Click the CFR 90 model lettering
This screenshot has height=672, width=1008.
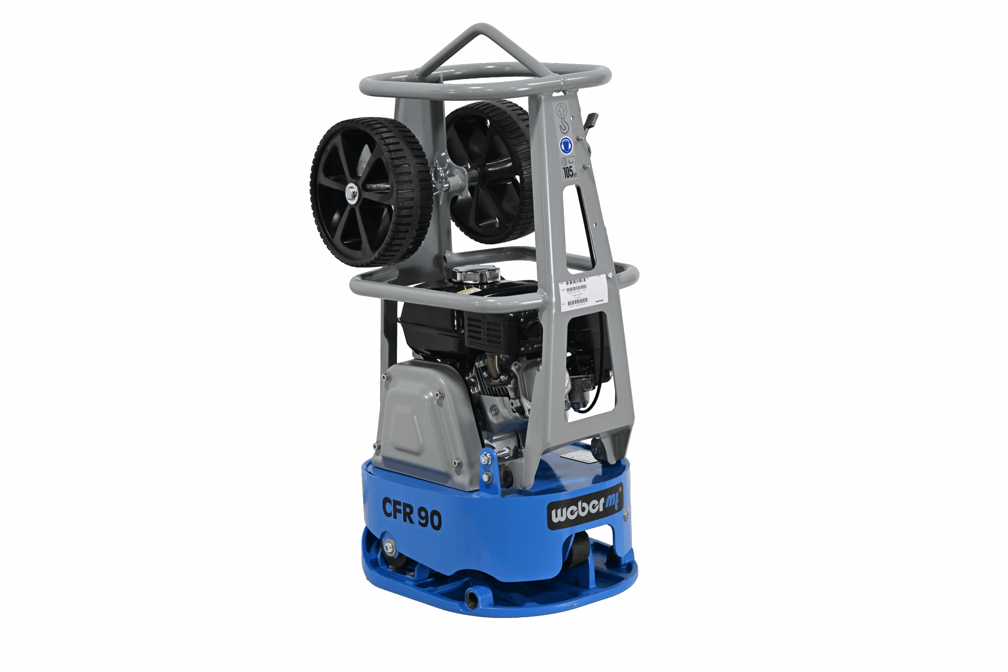pyautogui.click(x=411, y=513)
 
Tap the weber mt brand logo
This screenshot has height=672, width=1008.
pyautogui.click(x=585, y=508)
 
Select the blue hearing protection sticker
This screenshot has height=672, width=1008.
pyautogui.click(x=566, y=145)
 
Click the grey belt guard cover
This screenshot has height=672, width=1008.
pyautogui.click(x=424, y=424)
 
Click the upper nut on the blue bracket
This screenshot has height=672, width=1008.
pyautogui.click(x=485, y=459)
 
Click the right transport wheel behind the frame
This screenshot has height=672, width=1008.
pyautogui.click(x=491, y=171)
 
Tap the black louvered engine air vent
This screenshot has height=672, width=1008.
pyautogui.click(x=484, y=333)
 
